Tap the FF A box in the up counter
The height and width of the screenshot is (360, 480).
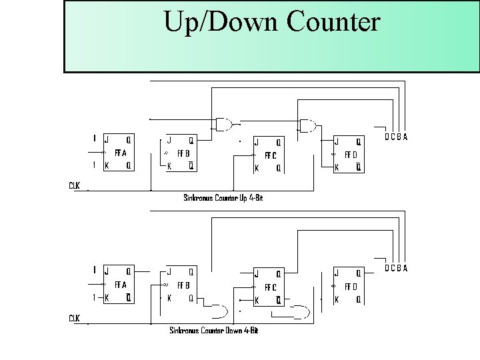[117, 152]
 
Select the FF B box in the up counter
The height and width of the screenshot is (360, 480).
[181, 153]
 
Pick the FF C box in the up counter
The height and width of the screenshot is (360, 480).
[270, 155]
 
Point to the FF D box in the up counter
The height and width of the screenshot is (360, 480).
[349, 154]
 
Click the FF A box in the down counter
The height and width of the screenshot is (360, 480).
[117, 284]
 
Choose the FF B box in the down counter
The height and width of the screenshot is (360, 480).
[181, 285]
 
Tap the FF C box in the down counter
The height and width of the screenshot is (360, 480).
[270, 287]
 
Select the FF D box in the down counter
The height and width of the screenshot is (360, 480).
[349, 286]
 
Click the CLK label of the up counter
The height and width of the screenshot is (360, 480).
[74, 185]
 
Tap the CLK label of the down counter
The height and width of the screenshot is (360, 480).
[74, 318]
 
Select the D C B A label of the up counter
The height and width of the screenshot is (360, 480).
[396, 137]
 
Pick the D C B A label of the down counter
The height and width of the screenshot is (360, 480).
[396, 269]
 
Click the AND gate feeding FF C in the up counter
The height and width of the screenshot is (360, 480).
[224, 124]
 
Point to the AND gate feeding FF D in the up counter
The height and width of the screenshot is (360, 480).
[308, 125]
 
